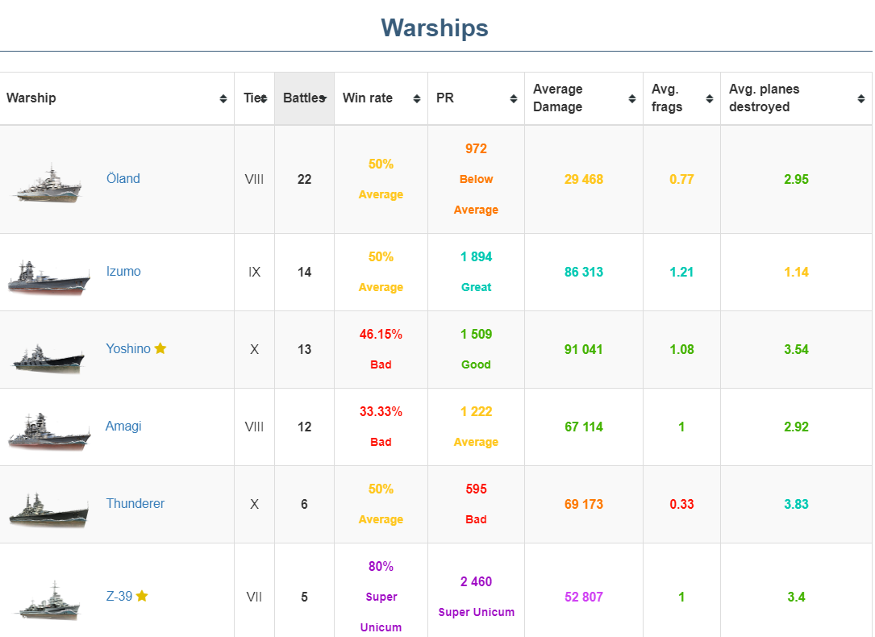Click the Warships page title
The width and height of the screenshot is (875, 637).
pos(435,28)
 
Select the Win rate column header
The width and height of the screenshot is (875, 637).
pos(368,98)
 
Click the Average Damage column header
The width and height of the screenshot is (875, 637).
pos(558,98)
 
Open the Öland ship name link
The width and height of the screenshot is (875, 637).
pos(123,179)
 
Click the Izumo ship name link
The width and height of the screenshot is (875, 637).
pos(123,272)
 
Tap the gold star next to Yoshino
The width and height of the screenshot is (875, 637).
pos(160,348)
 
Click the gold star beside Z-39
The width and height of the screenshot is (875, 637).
pos(142,596)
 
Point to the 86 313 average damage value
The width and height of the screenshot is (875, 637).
pos(584,273)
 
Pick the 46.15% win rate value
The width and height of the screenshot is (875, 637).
pos(381,334)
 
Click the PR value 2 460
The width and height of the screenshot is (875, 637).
pos(476,582)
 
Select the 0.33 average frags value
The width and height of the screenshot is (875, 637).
pos(681,505)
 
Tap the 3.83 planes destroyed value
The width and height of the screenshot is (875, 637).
pos(796,505)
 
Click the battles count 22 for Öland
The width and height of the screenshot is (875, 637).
pos(304,180)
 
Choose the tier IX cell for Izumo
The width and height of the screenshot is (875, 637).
pos(255,273)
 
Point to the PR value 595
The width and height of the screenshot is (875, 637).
pos(476,489)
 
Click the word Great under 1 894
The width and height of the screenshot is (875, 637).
pos(476,288)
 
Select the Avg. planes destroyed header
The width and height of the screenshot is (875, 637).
pos(764,98)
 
